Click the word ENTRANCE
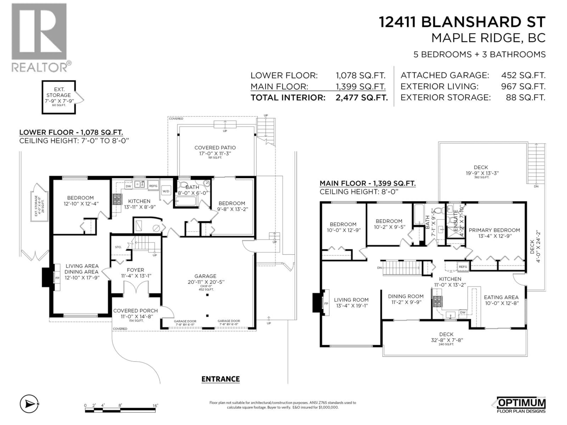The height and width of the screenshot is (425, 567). point(220,379)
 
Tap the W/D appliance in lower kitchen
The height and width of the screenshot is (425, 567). point(166,191)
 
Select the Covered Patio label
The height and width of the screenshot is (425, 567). point(215,148)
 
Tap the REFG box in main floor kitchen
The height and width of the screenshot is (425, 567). point(463,267)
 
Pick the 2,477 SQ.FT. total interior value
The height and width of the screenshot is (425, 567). point(361,98)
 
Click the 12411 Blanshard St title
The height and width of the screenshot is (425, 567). point(462,22)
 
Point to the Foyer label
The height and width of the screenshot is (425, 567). point(135,270)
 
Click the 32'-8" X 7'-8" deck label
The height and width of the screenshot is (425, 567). point(446,340)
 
